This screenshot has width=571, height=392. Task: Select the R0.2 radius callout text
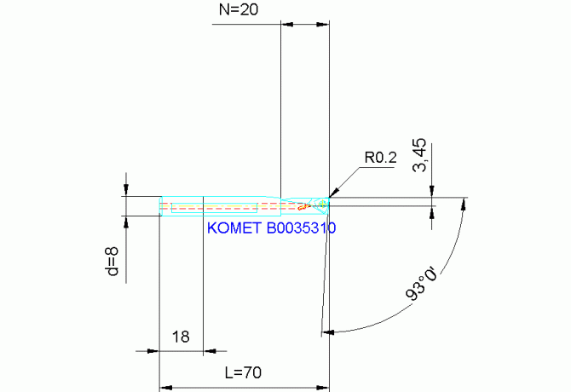click(x=381, y=158)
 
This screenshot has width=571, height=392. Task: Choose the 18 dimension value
click(x=181, y=337)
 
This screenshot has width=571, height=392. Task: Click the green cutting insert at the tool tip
click(x=321, y=205)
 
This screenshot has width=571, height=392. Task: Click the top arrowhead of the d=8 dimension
click(x=126, y=190)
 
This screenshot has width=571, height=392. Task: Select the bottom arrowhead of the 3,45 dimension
click(x=432, y=210)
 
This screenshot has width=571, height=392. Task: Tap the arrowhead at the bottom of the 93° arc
click(x=328, y=331)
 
